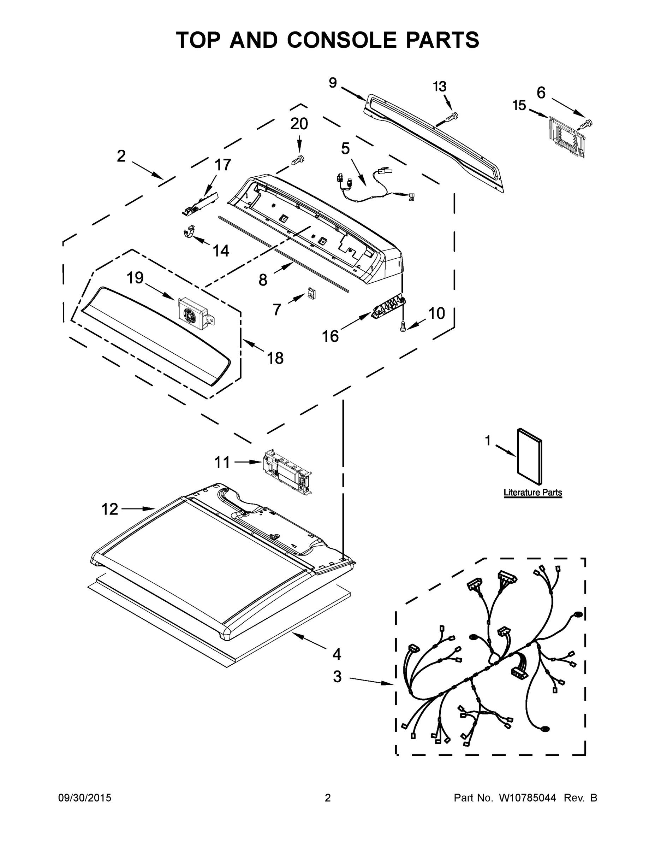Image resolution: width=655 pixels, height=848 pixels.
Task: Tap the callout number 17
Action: (x=223, y=165)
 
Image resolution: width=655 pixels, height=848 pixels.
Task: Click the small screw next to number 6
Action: (x=586, y=124)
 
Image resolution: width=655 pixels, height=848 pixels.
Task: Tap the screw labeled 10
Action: (x=403, y=326)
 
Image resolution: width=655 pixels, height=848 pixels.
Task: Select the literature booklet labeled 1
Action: (x=530, y=457)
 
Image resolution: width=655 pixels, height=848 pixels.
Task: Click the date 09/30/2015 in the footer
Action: (x=85, y=798)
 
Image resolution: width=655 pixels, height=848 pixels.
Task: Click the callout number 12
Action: (x=109, y=509)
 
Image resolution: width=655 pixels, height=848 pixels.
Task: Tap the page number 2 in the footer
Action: (x=328, y=798)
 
